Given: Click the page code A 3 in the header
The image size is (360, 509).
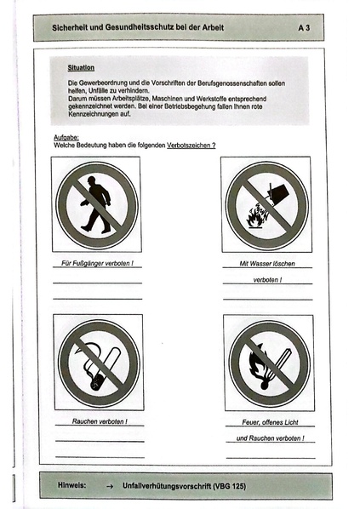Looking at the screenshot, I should [x=304, y=28].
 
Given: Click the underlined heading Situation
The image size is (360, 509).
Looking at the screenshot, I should [x=83, y=66].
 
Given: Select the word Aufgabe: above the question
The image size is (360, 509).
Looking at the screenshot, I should [x=54, y=137].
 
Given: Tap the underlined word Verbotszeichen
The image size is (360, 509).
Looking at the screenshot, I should [x=191, y=146].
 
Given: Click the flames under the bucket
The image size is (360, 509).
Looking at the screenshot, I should [x=255, y=219].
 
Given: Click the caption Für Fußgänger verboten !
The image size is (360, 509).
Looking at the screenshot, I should [x=98, y=264].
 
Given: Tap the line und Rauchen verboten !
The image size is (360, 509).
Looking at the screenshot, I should [x=268, y=438].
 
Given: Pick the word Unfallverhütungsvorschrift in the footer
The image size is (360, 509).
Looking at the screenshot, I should [x=168, y=485].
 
